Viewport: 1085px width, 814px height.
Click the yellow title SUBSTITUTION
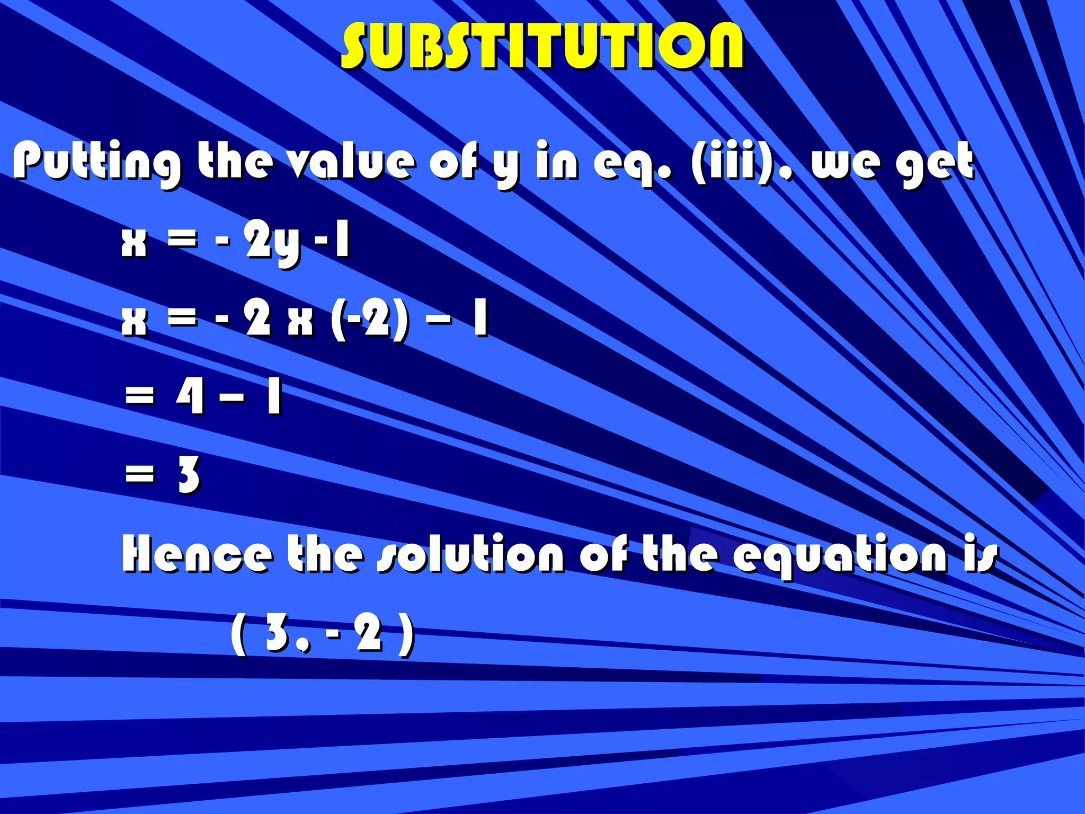pyautogui.click(x=542, y=47)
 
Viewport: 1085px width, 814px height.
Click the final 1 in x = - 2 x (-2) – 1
pyautogui.click(x=481, y=319)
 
